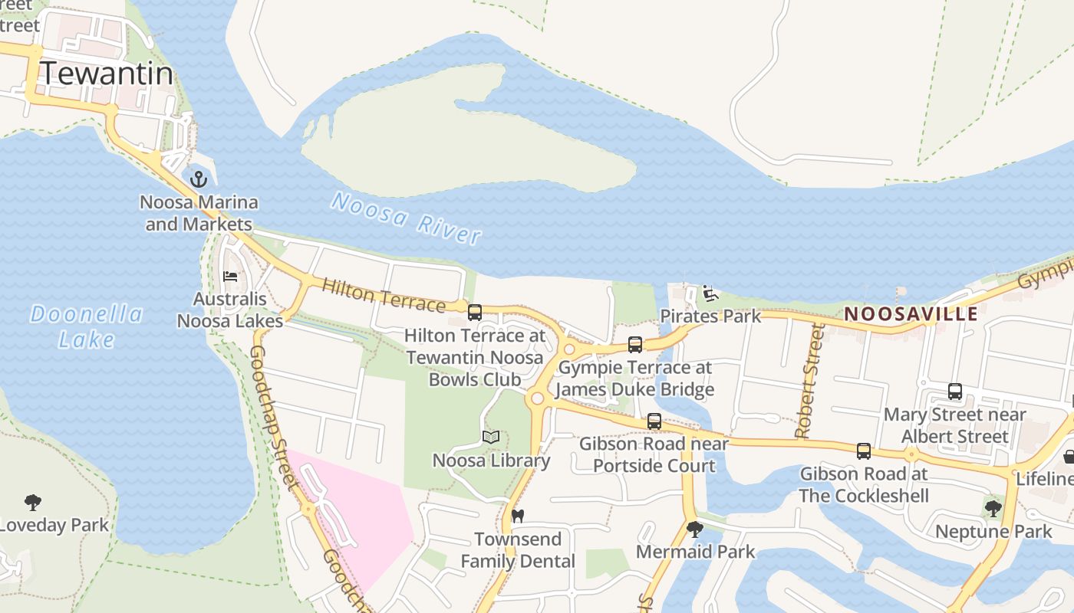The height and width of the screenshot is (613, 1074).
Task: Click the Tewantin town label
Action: pos(107,74)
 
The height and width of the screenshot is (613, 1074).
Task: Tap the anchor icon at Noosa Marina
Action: pos(199,179)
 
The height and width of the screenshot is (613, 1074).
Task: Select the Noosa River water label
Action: pos(407,218)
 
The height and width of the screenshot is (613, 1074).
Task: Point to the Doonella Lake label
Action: pos(86,326)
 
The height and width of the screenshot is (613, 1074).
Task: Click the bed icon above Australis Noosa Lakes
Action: pos(230,277)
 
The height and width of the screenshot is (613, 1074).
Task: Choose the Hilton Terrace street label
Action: pos(383,295)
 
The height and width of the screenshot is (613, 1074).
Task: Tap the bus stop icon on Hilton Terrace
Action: pos(475,312)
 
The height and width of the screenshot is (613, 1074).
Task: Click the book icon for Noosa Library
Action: pos(491,438)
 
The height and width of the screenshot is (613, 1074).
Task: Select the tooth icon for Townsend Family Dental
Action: pos(518,516)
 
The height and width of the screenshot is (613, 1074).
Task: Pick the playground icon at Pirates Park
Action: pos(710,293)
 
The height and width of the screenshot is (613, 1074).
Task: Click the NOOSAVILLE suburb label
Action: pos(911,313)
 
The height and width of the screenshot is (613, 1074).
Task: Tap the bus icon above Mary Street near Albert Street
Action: pos(955,391)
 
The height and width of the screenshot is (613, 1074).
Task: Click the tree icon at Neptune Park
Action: pos(993,507)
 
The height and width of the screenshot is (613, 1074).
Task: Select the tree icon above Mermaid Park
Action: pos(695,529)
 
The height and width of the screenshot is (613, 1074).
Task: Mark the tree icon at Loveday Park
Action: pos(32,503)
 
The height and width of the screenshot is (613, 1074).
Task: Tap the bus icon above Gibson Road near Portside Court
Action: pos(654,421)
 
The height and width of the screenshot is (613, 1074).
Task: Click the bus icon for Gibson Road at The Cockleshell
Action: pos(864,451)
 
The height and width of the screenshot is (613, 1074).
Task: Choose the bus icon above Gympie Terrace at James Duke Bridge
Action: pos(635,344)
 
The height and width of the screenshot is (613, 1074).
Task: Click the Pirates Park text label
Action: pos(710,316)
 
